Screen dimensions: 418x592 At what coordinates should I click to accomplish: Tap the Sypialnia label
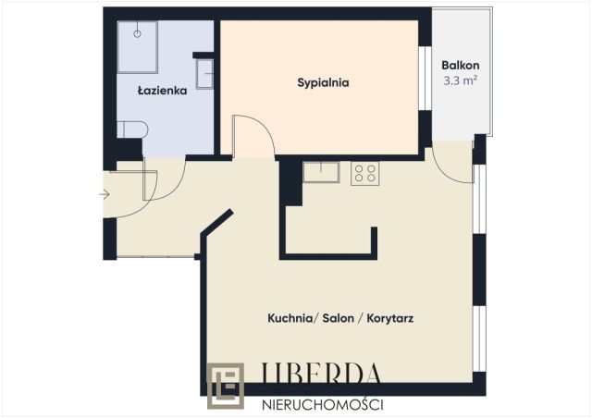pos(322,82)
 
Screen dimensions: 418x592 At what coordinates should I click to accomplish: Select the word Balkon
pos(460,66)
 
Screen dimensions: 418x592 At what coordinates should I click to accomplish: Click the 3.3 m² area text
pos(460,80)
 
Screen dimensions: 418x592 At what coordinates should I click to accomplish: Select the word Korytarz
pos(388,318)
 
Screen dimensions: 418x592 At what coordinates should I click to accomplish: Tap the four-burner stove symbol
pos(364,173)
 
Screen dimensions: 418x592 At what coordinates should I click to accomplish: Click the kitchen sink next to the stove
pos(324,173)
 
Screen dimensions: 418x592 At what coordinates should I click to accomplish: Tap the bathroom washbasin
pos(205,72)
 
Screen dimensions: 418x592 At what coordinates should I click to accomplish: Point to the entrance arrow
pos(105,194)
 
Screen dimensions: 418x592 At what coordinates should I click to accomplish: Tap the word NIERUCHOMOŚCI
pos(323,403)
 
